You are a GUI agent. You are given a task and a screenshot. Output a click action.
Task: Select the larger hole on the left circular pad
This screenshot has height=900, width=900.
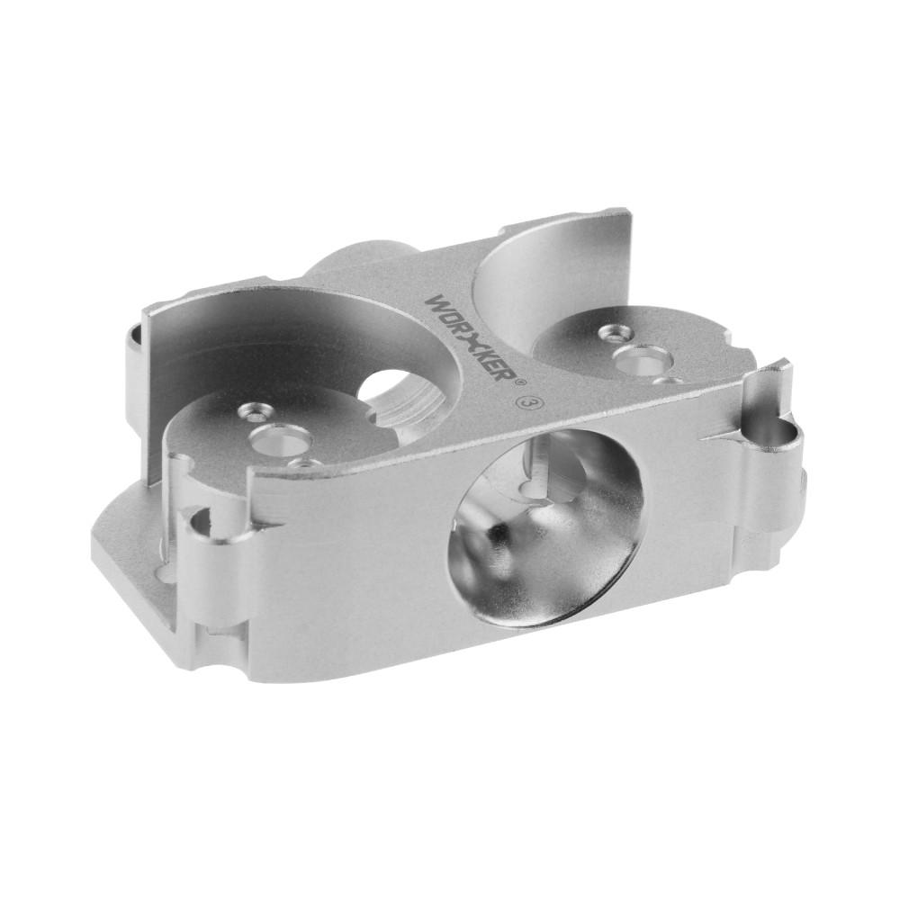[x=281, y=440]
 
